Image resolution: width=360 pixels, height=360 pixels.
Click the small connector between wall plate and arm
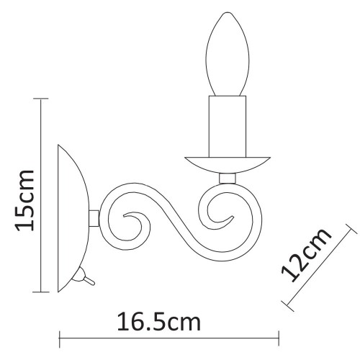(x=93, y=217)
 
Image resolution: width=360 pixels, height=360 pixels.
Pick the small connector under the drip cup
(x=227, y=178)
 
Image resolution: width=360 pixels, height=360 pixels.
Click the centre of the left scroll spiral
(x=132, y=224)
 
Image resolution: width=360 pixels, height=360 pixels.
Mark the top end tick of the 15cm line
(x=40, y=98)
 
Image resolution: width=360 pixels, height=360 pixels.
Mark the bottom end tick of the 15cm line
(x=40, y=292)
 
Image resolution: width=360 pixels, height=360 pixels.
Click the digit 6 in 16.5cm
(x=139, y=319)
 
